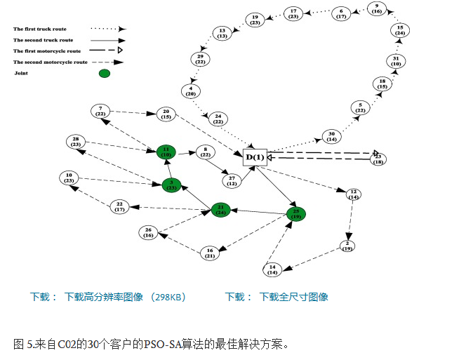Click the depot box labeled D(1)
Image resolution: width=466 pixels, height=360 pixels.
pyautogui.click(x=255, y=157)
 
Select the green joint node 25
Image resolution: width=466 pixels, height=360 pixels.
pyautogui.click(x=296, y=213)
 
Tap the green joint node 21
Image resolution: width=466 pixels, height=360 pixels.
pyautogui.click(x=221, y=210)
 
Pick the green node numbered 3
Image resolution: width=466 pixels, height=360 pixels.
pyautogui.click(x=171, y=185)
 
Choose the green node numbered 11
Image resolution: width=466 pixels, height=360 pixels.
pyautogui.click(x=166, y=152)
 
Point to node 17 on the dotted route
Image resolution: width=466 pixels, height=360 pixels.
pyautogui.click(x=293, y=13)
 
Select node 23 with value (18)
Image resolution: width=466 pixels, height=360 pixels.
pyautogui.click(x=378, y=159)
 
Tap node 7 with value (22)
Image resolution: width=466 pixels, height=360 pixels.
pyautogui.click(x=100, y=111)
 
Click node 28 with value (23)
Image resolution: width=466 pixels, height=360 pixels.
pyautogui.click(x=76, y=141)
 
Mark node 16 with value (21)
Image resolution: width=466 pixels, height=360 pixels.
pyautogui.click(x=209, y=253)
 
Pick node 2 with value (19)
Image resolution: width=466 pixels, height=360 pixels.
pyautogui.click(x=347, y=246)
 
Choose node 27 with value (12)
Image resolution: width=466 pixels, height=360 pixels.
pyautogui.click(x=232, y=181)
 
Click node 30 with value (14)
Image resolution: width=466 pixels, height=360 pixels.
pyautogui.click(x=332, y=136)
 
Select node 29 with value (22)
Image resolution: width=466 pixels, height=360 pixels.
pyautogui.click(x=200, y=60)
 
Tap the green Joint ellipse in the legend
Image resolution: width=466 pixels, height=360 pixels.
pyautogui.click(x=105, y=73)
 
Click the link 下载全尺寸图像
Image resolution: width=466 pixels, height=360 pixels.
pyautogui.click(x=293, y=297)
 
